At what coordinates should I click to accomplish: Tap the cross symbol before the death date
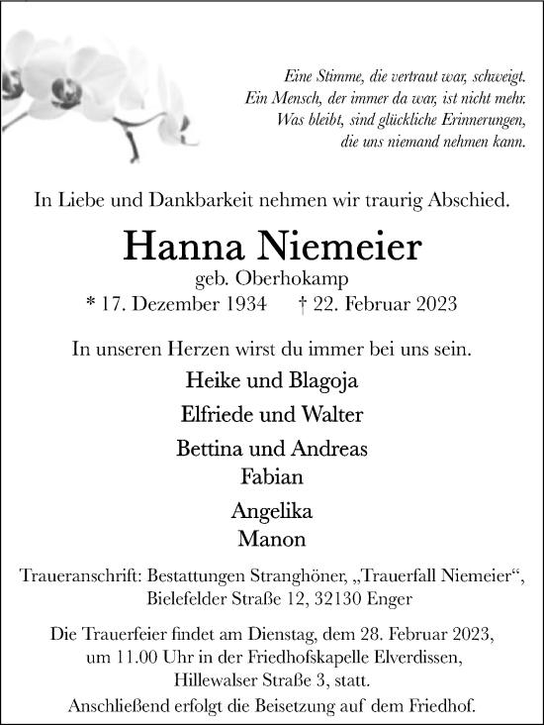click(301, 305)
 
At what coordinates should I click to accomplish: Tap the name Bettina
click(209, 449)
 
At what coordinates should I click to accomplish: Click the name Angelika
click(272, 512)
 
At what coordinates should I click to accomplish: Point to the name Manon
click(272, 541)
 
